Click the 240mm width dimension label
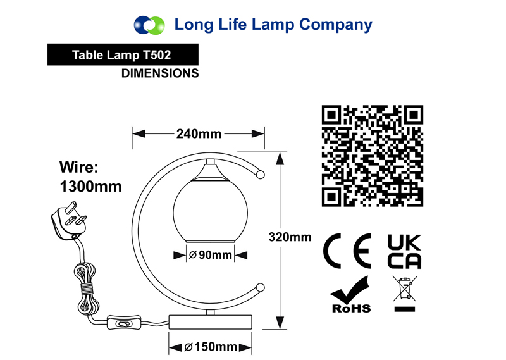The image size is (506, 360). coord(199,133)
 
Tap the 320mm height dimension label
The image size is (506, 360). coord(290,237)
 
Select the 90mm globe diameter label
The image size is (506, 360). coord(211,255)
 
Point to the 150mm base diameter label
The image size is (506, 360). coord(211,347)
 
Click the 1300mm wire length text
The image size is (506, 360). coord(90,187)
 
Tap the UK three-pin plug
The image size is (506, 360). coord(69,221)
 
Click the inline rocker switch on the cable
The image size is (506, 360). coord(124,322)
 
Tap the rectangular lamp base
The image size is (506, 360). coord(211,322)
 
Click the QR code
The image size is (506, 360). coord(373,156)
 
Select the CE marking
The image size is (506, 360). coord(347,251)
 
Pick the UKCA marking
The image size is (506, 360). coord(404,252)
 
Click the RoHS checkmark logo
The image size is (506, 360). coord(351,294)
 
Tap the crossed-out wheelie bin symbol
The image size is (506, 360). coord(405,293)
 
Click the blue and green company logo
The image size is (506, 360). coord(149,25)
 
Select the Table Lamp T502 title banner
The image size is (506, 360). coord(123,54)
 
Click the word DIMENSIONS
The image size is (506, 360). coord(160,73)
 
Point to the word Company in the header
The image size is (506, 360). coord(336,25)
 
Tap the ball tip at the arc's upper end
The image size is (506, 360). coord(260,175)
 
